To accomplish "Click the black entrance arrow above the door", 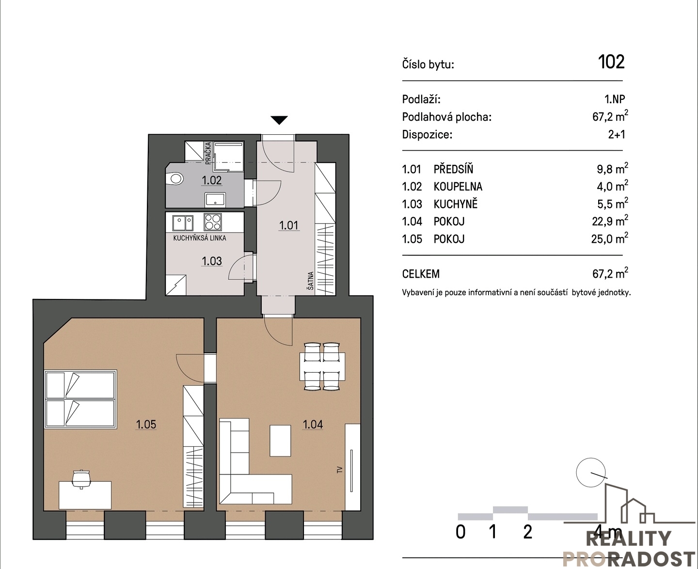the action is [x=279, y=120].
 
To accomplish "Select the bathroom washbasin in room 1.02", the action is [x=215, y=200].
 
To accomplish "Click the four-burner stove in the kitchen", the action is [x=213, y=222].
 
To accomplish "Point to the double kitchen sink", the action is [x=183, y=223].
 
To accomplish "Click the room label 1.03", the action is [x=212, y=261].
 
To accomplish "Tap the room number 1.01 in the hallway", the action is [x=288, y=225].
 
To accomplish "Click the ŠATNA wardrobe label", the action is [x=310, y=282].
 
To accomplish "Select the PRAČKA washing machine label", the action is [x=208, y=153].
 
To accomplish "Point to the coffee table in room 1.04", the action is [x=280, y=441].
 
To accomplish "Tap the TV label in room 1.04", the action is [x=339, y=470].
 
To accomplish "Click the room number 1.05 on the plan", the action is [x=146, y=425].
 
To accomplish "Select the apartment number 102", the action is [x=611, y=62].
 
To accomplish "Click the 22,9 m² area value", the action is [x=610, y=221].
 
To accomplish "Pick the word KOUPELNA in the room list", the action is [x=458, y=187].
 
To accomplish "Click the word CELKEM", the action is [x=421, y=274].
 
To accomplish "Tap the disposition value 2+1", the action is [x=617, y=135].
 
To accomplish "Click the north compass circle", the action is [x=591, y=473].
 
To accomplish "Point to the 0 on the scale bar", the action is [x=460, y=532].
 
